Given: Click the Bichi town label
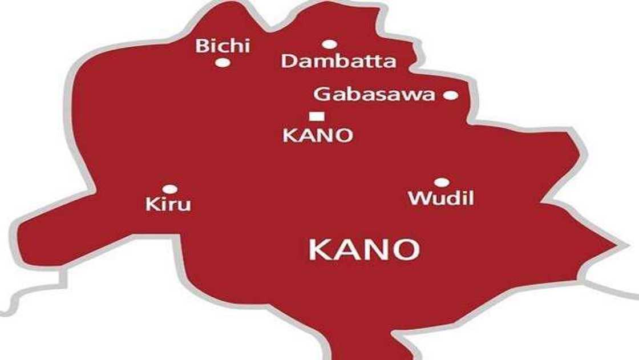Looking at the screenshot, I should [x=223, y=46].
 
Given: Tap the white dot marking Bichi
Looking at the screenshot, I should [x=223, y=62].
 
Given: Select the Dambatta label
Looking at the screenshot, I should [x=338, y=62].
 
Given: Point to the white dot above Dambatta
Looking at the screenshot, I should [x=329, y=44].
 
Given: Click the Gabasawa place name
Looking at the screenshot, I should [x=374, y=95].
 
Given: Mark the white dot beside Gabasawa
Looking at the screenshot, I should [x=451, y=95].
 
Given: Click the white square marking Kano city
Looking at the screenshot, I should [x=317, y=116].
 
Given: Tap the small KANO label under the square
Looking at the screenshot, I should [x=318, y=136].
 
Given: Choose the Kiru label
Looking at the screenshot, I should [x=168, y=204].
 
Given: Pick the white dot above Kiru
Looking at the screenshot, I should [x=169, y=189].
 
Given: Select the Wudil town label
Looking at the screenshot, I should [x=441, y=199].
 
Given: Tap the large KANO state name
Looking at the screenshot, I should [x=364, y=250].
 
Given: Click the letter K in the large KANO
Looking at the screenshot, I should [x=319, y=250].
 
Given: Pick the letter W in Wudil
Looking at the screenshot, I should [x=418, y=199].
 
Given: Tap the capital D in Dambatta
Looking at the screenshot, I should [x=289, y=62].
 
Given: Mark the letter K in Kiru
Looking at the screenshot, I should [x=152, y=204].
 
